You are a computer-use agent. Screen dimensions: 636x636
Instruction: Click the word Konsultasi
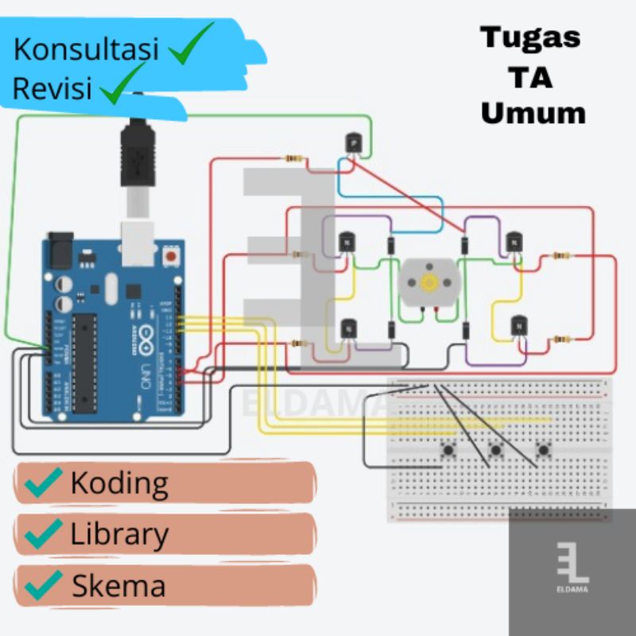coord(86,49)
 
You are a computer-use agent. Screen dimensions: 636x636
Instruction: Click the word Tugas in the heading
coord(530,37)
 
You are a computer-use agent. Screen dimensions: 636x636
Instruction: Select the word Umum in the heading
coord(533,113)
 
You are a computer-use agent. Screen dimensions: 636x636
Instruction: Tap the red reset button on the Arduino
coord(169,257)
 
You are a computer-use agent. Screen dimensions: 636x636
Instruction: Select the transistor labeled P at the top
coord(353,143)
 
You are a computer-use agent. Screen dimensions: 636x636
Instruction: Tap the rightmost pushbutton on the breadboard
coord(544,451)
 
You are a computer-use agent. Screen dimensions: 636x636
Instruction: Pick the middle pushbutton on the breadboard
coord(496,451)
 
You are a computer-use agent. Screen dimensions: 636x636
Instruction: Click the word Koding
coord(119,483)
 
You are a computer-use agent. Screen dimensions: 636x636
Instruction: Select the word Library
coord(119,534)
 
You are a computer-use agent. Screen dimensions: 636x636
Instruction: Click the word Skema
coord(119,586)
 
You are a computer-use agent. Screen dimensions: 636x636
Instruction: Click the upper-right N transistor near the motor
coord(514,240)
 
